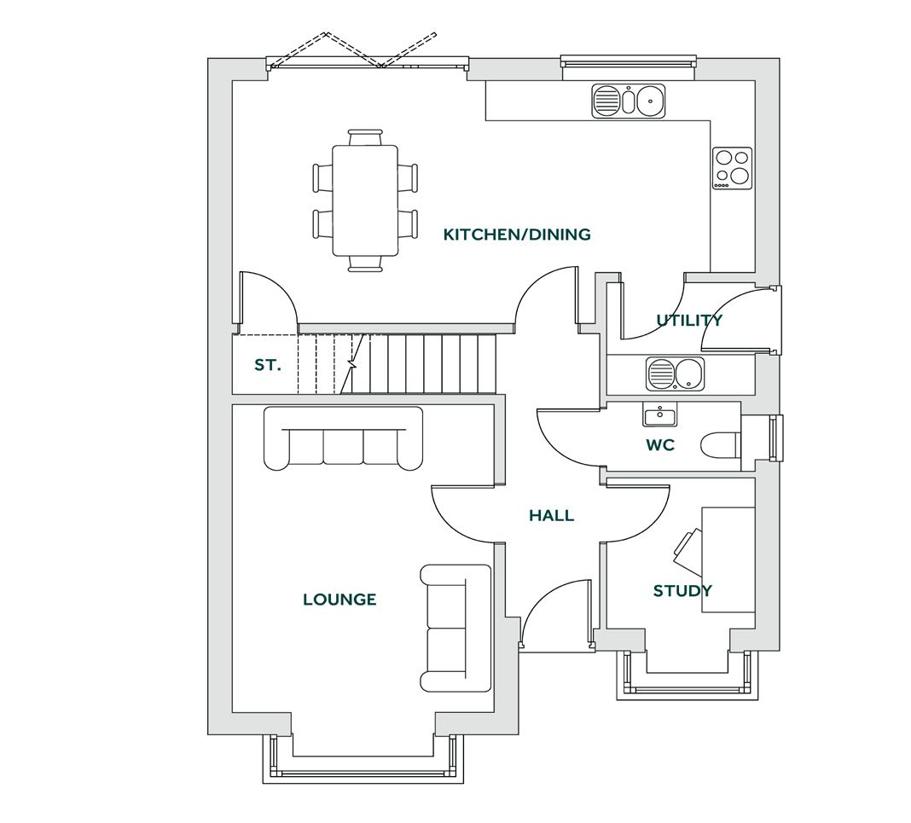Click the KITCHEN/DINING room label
[x=517, y=235]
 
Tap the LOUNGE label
[x=339, y=600]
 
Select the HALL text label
[x=551, y=515]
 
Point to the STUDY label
[x=682, y=590]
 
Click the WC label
[x=660, y=444]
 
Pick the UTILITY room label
[x=689, y=320]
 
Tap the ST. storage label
[x=267, y=365]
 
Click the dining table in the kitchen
[x=365, y=200]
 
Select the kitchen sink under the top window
[x=629, y=101]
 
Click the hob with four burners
[x=733, y=168]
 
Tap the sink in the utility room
[x=675, y=374]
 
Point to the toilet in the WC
[x=720, y=444]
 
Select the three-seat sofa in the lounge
[x=343, y=438]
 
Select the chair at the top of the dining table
[x=365, y=137]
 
